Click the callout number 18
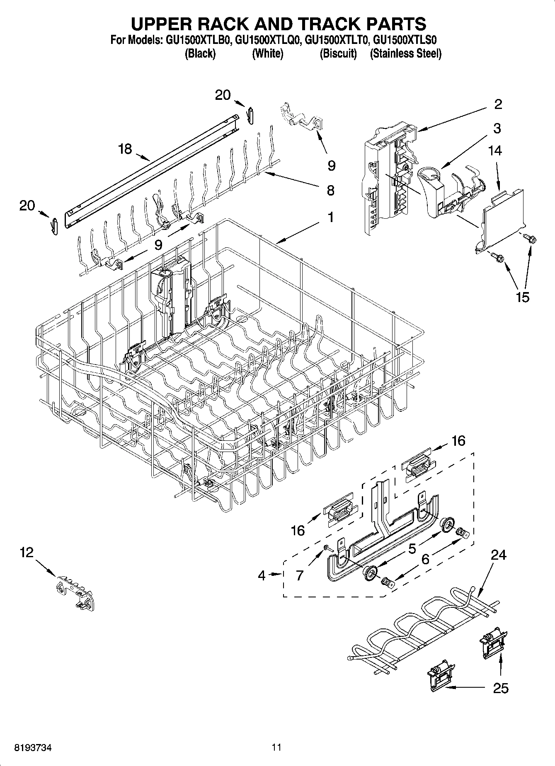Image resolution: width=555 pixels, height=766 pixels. point(125,149)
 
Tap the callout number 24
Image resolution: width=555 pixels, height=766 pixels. point(498,554)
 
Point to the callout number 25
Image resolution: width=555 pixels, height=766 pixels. point(501,688)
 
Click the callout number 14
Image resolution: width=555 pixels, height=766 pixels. point(495,151)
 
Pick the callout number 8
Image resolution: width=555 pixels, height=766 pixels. point(330,190)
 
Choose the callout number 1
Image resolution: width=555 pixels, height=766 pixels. point(330,217)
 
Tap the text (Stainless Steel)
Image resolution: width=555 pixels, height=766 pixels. point(405,53)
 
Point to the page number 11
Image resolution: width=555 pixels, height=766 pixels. point(276,747)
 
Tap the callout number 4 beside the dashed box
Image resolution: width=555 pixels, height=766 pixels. point(261,575)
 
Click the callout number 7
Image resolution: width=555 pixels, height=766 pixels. point(300,575)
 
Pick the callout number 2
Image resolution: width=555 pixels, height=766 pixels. point(498,104)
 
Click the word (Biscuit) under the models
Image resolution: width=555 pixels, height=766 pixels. point(338,53)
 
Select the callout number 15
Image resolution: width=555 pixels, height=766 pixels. point(523,297)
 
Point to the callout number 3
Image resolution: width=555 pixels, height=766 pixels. point(497,128)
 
